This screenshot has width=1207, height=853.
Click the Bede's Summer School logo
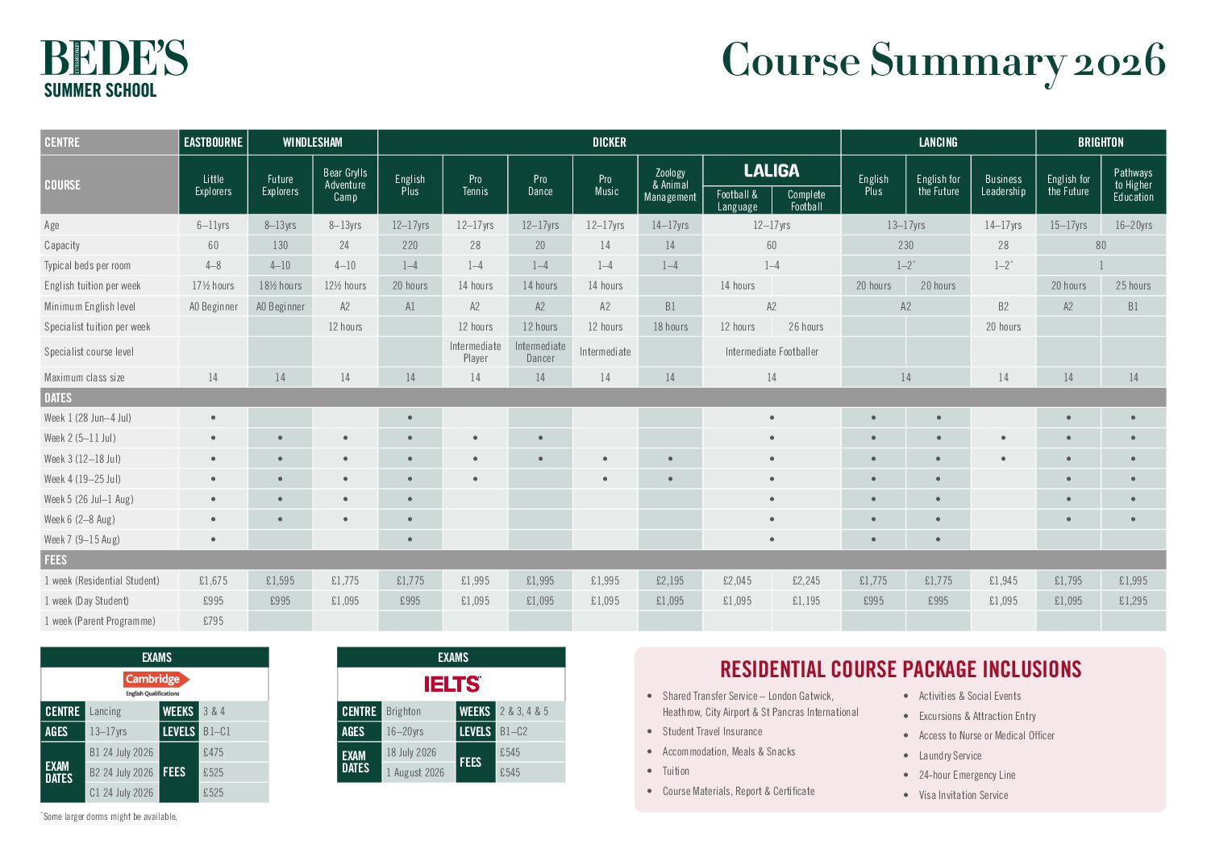click(x=114, y=69)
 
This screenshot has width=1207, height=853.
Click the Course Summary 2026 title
click(x=943, y=61)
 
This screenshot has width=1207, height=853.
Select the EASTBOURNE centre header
click(x=213, y=142)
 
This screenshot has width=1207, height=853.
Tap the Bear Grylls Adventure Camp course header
click(x=345, y=185)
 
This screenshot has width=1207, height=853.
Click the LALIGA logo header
click(x=772, y=171)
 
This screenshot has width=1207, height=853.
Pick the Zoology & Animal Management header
click(x=670, y=185)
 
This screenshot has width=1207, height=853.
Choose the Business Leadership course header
click(x=1003, y=185)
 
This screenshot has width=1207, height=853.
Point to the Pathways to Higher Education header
click(x=1133, y=185)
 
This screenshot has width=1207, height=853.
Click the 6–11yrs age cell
click(x=213, y=225)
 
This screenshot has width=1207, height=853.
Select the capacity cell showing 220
click(x=410, y=245)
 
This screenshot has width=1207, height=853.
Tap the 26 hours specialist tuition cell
click(x=805, y=327)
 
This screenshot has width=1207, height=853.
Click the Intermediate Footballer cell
click(x=772, y=352)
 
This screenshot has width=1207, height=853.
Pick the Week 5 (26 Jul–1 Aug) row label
click(x=89, y=499)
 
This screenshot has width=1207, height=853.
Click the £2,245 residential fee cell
click(x=805, y=580)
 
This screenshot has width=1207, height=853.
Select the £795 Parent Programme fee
click(x=213, y=621)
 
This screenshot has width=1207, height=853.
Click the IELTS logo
click(x=452, y=684)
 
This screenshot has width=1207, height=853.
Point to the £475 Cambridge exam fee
click(x=214, y=752)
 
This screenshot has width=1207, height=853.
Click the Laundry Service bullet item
click(x=950, y=755)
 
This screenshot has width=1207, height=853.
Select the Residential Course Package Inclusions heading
click(x=901, y=669)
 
